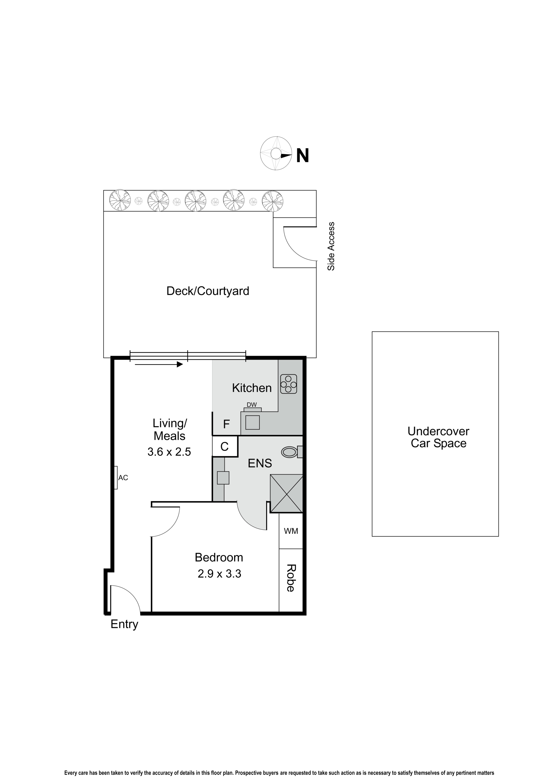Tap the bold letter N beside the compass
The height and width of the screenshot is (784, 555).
click(x=302, y=156)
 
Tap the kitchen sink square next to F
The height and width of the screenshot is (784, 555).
click(x=253, y=422)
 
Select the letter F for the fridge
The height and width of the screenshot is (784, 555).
click(x=226, y=424)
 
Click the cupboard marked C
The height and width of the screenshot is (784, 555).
click(x=225, y=447)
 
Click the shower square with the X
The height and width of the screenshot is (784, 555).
click(x=286, y=493)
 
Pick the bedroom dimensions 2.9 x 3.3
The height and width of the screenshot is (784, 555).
click(x=219, y=574)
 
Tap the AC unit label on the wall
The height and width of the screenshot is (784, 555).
click(x=123, y=478)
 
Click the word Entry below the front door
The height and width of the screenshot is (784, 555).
click(x=124, y=624)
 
